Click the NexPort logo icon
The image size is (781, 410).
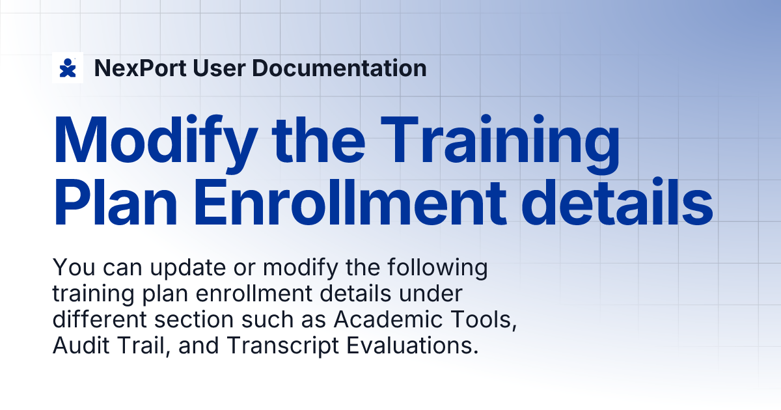[x=67, y=68]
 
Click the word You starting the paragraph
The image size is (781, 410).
[x=68, y=267]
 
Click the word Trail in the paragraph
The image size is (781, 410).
[x=133, y=346]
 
